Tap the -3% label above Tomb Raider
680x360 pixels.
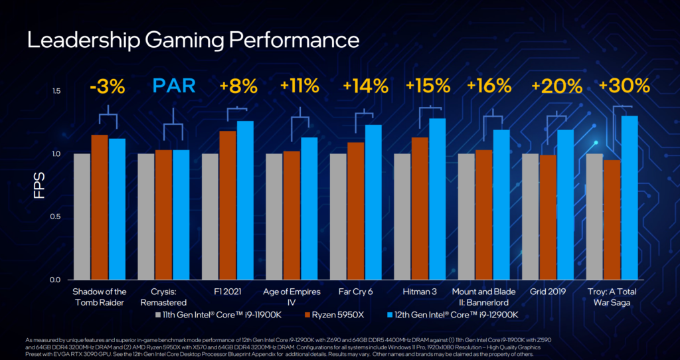108,86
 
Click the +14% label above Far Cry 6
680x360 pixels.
365,86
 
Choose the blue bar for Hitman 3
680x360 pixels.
437,199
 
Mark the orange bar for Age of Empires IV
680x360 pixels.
292,215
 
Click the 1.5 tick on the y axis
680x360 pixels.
56,91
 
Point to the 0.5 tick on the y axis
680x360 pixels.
56,217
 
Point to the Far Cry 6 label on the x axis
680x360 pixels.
356,292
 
